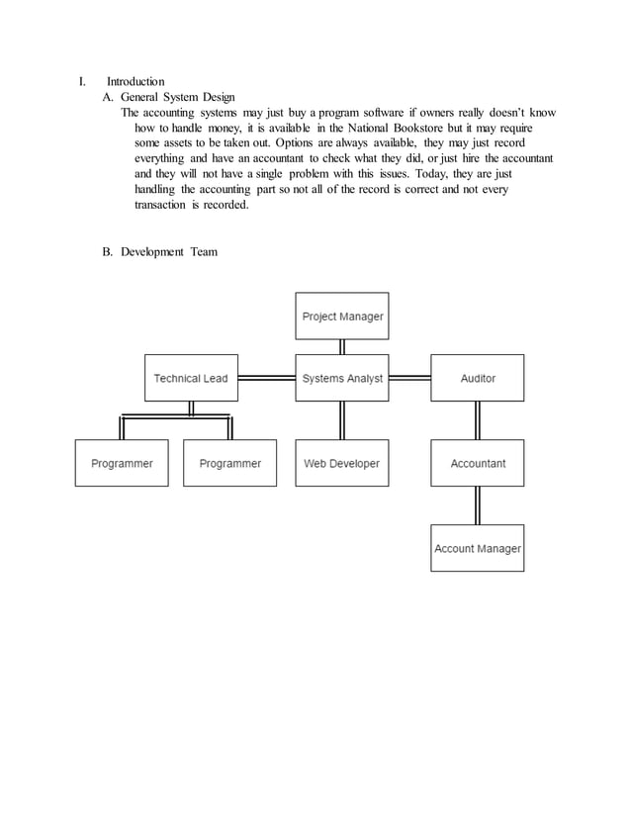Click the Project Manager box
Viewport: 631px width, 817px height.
coord(342,317)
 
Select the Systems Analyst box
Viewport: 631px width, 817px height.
coord(342,378)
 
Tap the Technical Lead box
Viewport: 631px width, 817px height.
coord(191,378)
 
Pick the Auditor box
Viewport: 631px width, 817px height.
coord(478,378)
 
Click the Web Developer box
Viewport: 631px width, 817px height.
coord(342,463)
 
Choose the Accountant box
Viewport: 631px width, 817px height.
coord(478,463)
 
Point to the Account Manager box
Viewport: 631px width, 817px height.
coord(478,548)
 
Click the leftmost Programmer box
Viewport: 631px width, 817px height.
coord(122,463)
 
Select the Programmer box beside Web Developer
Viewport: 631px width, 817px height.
coord(229,463)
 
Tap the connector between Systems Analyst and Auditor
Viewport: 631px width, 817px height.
coord(409,378)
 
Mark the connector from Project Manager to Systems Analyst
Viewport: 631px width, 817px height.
coord(342,347)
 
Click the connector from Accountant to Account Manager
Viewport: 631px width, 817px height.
coord(478,505)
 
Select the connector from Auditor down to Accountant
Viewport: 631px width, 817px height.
coord(478,420)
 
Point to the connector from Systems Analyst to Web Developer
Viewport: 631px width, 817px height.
coord(342,420)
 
